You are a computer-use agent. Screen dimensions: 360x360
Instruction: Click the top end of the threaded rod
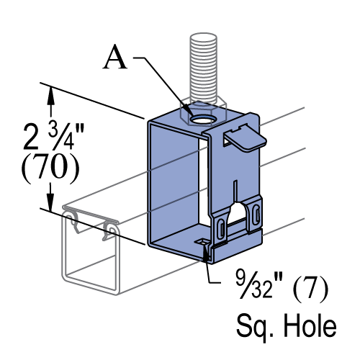[x=203, y=37]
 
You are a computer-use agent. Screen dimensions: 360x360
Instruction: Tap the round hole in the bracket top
[x=203, y=119]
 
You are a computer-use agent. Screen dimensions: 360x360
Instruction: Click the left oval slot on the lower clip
[x=221, y=229]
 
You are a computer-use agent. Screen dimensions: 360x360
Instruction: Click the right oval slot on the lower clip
[x=256, y=214]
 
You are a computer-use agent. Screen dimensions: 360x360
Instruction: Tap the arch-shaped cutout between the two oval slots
[x=237, y=216]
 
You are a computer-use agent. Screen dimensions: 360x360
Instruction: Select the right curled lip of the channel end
[x=112, y=230]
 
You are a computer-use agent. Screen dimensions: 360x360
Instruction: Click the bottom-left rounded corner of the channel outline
[x=65, y=276]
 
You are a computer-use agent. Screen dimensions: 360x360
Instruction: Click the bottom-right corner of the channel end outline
[x=117, y=292]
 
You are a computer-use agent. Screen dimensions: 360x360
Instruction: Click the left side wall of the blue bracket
[x=173, y=180]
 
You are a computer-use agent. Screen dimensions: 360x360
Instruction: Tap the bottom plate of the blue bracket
[x=176, y=241]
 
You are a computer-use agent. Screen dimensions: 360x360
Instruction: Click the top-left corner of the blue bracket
[x=150, y=122]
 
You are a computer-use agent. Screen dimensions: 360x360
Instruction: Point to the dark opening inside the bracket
[x=204, y=187]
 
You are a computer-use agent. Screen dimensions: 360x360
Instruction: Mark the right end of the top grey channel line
[x=305, y=108]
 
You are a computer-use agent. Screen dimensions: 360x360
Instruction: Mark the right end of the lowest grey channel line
[x=305, y=218]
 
